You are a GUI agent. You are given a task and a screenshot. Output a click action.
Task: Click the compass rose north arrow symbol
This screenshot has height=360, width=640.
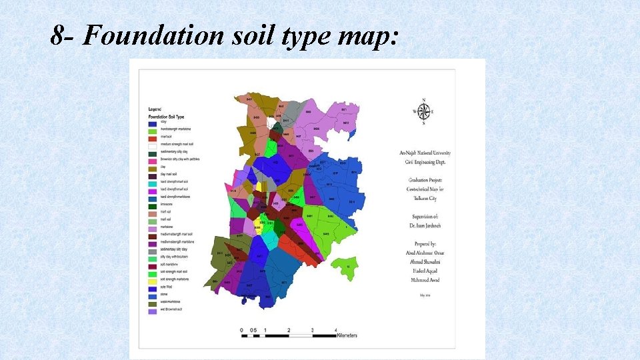423,111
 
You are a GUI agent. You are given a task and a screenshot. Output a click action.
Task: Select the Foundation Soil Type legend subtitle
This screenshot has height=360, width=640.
167,117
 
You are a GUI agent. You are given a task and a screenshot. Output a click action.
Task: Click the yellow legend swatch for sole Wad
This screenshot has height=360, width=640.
153,285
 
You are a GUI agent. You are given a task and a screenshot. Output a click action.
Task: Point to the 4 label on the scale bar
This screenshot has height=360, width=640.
335,330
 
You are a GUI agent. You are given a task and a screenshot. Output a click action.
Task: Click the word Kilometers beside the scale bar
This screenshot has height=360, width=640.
346,336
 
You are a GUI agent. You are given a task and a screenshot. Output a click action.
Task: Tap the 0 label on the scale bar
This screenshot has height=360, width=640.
241,330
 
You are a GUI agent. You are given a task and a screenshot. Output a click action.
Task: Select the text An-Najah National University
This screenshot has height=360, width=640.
423,153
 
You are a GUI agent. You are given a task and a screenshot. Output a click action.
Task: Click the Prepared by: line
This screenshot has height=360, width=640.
423,243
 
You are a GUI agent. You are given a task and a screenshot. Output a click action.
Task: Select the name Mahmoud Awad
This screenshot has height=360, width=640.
423,279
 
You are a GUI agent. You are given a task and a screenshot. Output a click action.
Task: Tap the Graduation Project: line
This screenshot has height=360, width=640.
423,181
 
